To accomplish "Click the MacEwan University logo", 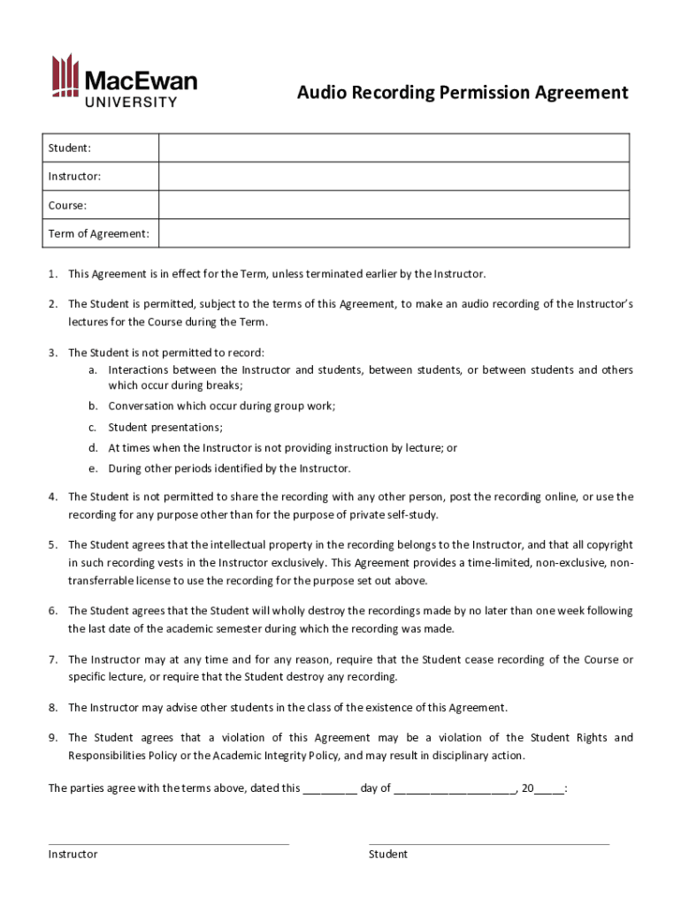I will pos(123,80).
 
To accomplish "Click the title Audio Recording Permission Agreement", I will pos(462,93).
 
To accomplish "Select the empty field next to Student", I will pos(394,148).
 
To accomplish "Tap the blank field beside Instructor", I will pos(394,176).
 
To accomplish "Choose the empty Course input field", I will pos(394,205).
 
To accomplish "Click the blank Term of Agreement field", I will pos(394,233).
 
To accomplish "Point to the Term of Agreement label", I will pos(98,234).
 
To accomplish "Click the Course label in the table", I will pos(67,205).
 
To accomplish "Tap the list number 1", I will pos(53,274).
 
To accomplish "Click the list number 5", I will pos(53,545).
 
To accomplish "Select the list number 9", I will pos(53,737).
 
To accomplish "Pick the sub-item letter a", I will pos(92,369).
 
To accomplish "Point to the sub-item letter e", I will pos(92,468).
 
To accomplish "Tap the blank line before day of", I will pos(329,789).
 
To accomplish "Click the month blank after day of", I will pos(455,789).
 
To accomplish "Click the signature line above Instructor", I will pos(168,842).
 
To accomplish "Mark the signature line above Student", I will pos(488,842).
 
